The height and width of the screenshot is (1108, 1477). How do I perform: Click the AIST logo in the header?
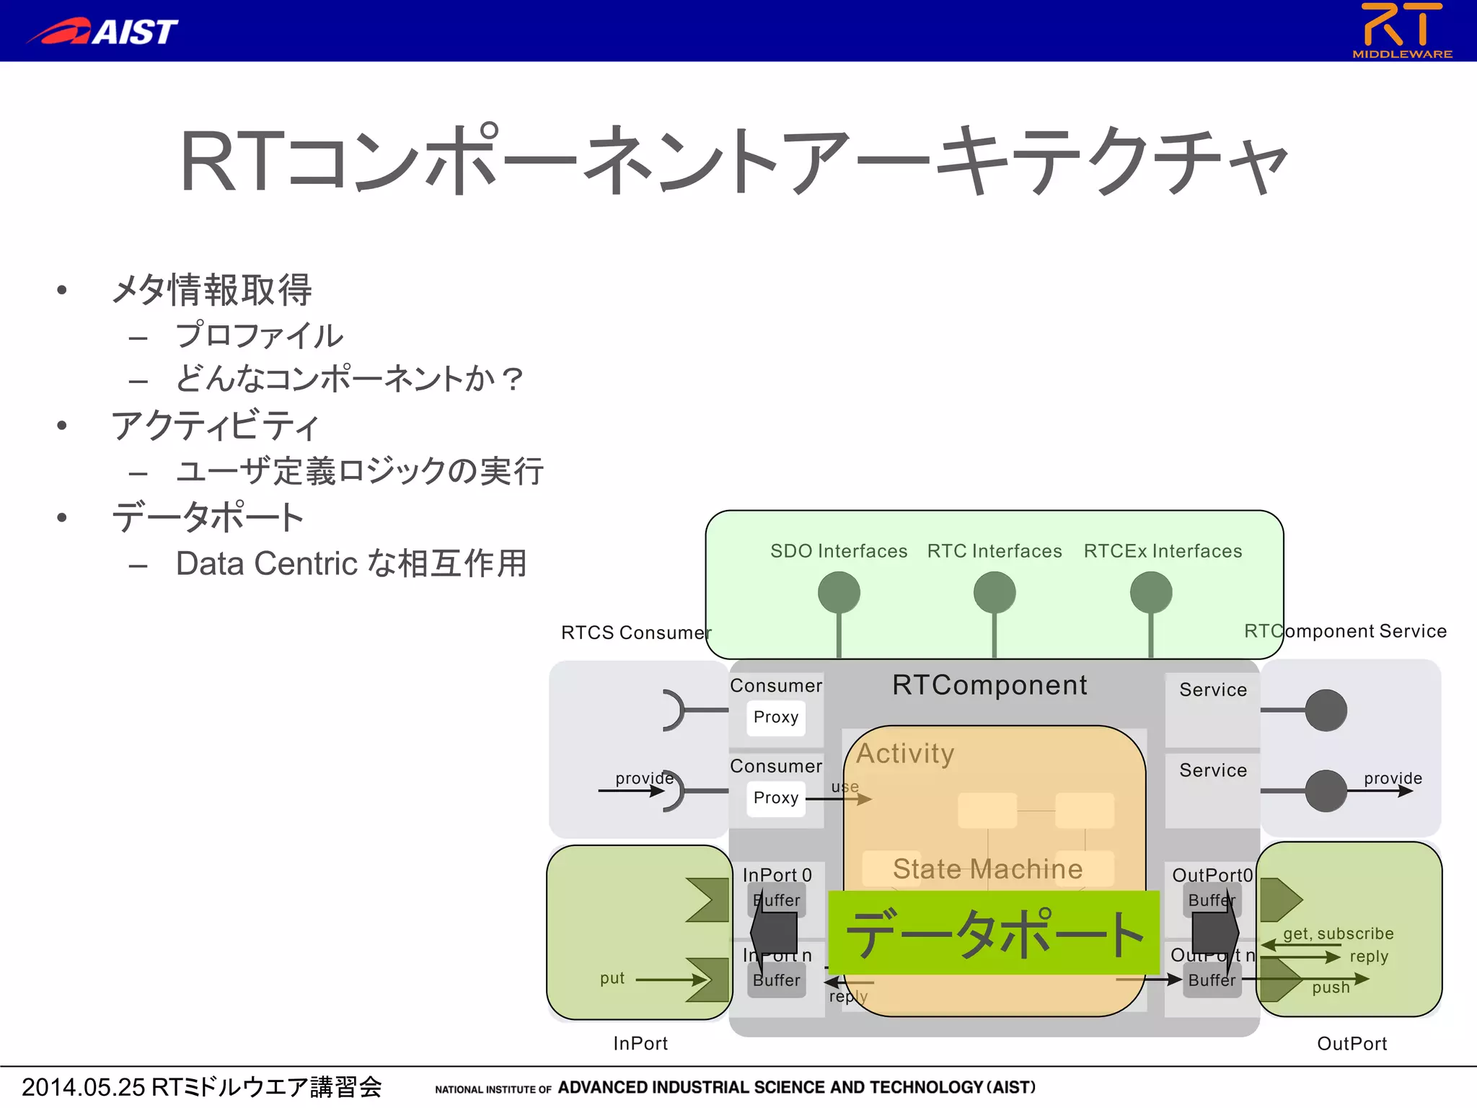[x=102, y=31]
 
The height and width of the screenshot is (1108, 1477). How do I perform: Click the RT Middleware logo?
[x=1401, y=30]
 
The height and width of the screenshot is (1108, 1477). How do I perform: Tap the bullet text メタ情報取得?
[x=211, y=290]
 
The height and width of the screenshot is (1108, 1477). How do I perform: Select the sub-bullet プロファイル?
[x=259, y=335]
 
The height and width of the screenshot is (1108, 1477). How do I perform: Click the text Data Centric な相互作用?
[x=351, y=563]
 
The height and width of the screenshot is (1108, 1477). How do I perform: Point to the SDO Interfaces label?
[x=838, y=551]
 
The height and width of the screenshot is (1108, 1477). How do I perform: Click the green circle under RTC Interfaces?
[x=994, y=592]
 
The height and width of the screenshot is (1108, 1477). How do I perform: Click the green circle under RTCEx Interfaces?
[x=1150, y=592]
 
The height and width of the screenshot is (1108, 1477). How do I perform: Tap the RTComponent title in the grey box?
[x=989, y=685]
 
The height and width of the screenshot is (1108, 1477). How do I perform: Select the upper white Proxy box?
[x=776, y=717]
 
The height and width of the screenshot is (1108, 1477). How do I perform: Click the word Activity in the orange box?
[x=905, y=753]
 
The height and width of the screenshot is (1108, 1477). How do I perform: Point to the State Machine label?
[x=987, y=869]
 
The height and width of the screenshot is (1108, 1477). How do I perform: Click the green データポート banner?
[x=994, y=933]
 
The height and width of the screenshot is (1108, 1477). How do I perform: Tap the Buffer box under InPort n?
[x=777, y=980]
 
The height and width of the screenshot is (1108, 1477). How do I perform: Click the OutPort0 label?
[x=1212, y=875]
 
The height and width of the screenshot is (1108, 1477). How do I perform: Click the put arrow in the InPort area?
[x=671, y=979]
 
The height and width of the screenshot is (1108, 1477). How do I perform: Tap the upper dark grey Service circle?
[x=1326, y=710]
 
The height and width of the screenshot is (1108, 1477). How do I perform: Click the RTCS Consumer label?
[x=635, y=633]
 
